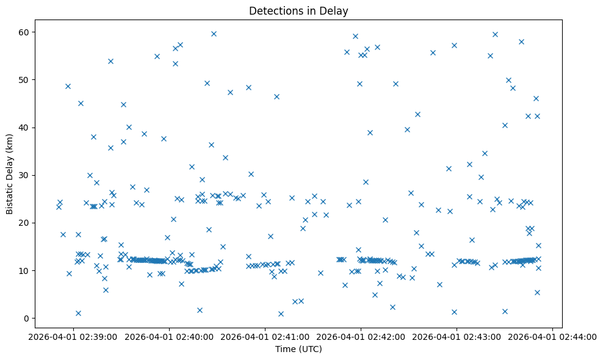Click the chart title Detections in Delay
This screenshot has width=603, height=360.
298,11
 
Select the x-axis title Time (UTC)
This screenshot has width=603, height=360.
298,349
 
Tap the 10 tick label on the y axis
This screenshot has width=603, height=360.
24,271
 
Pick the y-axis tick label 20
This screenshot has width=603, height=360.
24,223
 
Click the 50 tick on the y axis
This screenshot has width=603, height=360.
24,80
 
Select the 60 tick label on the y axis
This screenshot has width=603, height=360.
24,32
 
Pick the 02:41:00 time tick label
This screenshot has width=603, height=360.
265,336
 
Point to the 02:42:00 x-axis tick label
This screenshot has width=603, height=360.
361,336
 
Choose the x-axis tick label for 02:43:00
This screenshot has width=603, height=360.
457,336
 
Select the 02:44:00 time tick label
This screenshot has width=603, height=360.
552,336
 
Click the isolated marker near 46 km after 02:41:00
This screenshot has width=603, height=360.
276,96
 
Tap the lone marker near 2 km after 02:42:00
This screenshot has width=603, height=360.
392,307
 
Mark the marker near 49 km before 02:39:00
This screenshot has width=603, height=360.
68,86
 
